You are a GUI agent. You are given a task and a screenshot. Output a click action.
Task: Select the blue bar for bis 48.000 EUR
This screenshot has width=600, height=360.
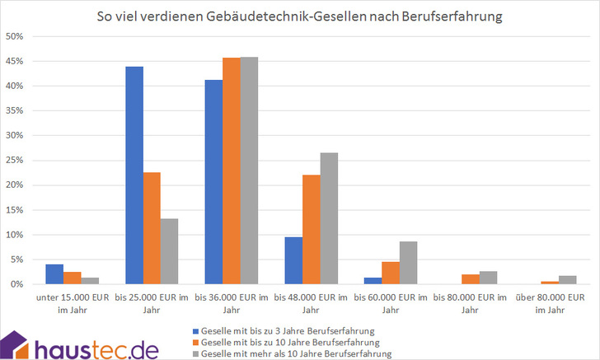coord(293,260)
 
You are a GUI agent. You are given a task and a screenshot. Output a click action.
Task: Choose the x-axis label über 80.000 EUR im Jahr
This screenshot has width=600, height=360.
coord(551,302)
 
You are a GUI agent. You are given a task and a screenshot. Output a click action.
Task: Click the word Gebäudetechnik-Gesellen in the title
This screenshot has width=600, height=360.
coord(286,16)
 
